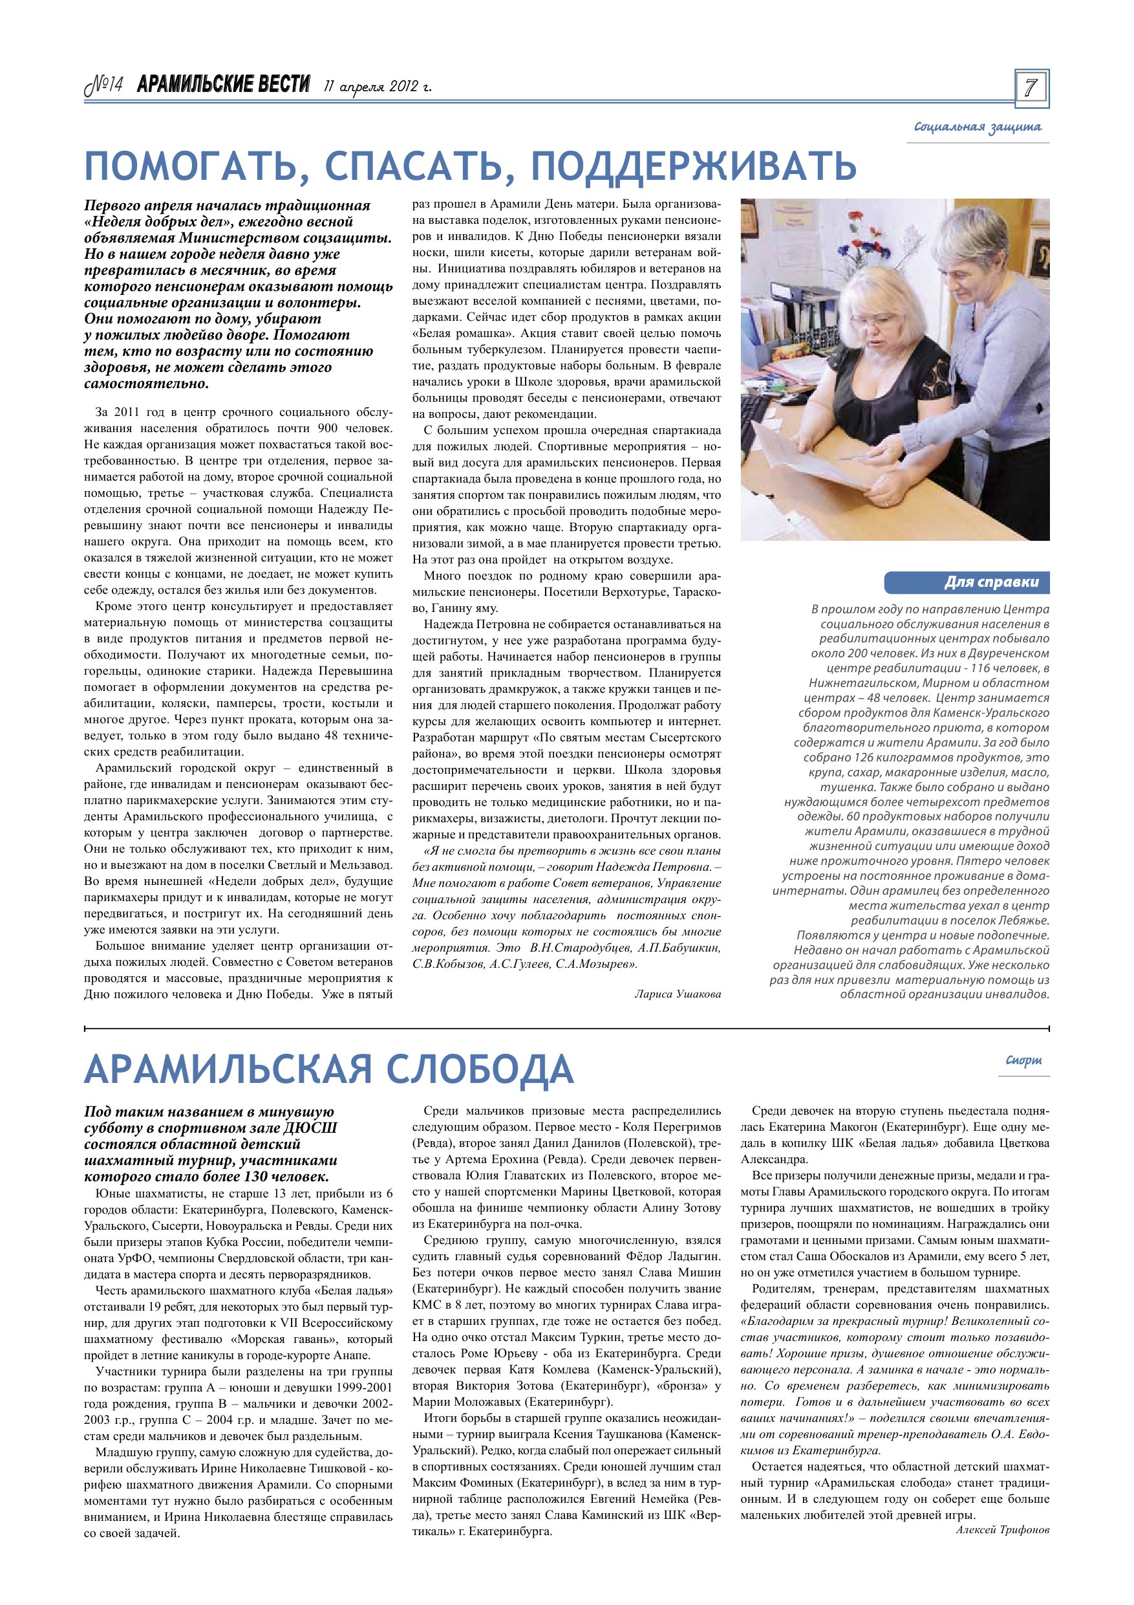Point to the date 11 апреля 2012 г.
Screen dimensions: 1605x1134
378,87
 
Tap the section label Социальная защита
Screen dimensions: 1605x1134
978,127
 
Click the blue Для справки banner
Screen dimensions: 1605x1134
967,582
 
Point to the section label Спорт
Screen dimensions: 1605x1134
1023,1060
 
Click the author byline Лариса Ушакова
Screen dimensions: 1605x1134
678,993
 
